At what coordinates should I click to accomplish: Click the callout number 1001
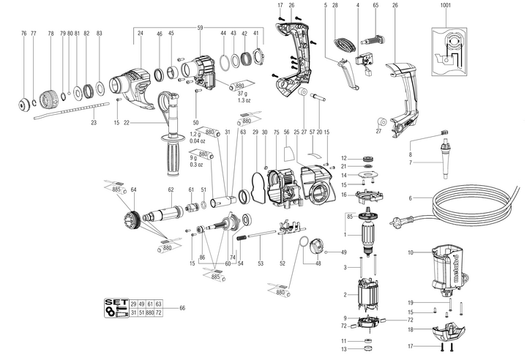[x=446, y=7]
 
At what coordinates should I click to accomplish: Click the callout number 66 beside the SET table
[x=182, y=307]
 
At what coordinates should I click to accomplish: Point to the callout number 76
[x=24, y=34]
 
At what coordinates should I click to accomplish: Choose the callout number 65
[x=375, y=7]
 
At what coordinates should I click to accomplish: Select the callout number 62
[x=171, y=190]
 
